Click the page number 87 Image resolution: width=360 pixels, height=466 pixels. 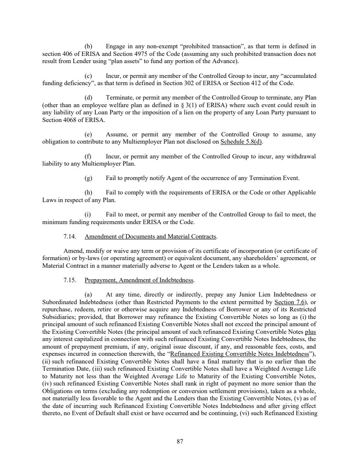point(180,441)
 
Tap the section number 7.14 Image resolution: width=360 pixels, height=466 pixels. point(69,236)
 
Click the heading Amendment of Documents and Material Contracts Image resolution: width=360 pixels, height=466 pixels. point(151,236)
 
